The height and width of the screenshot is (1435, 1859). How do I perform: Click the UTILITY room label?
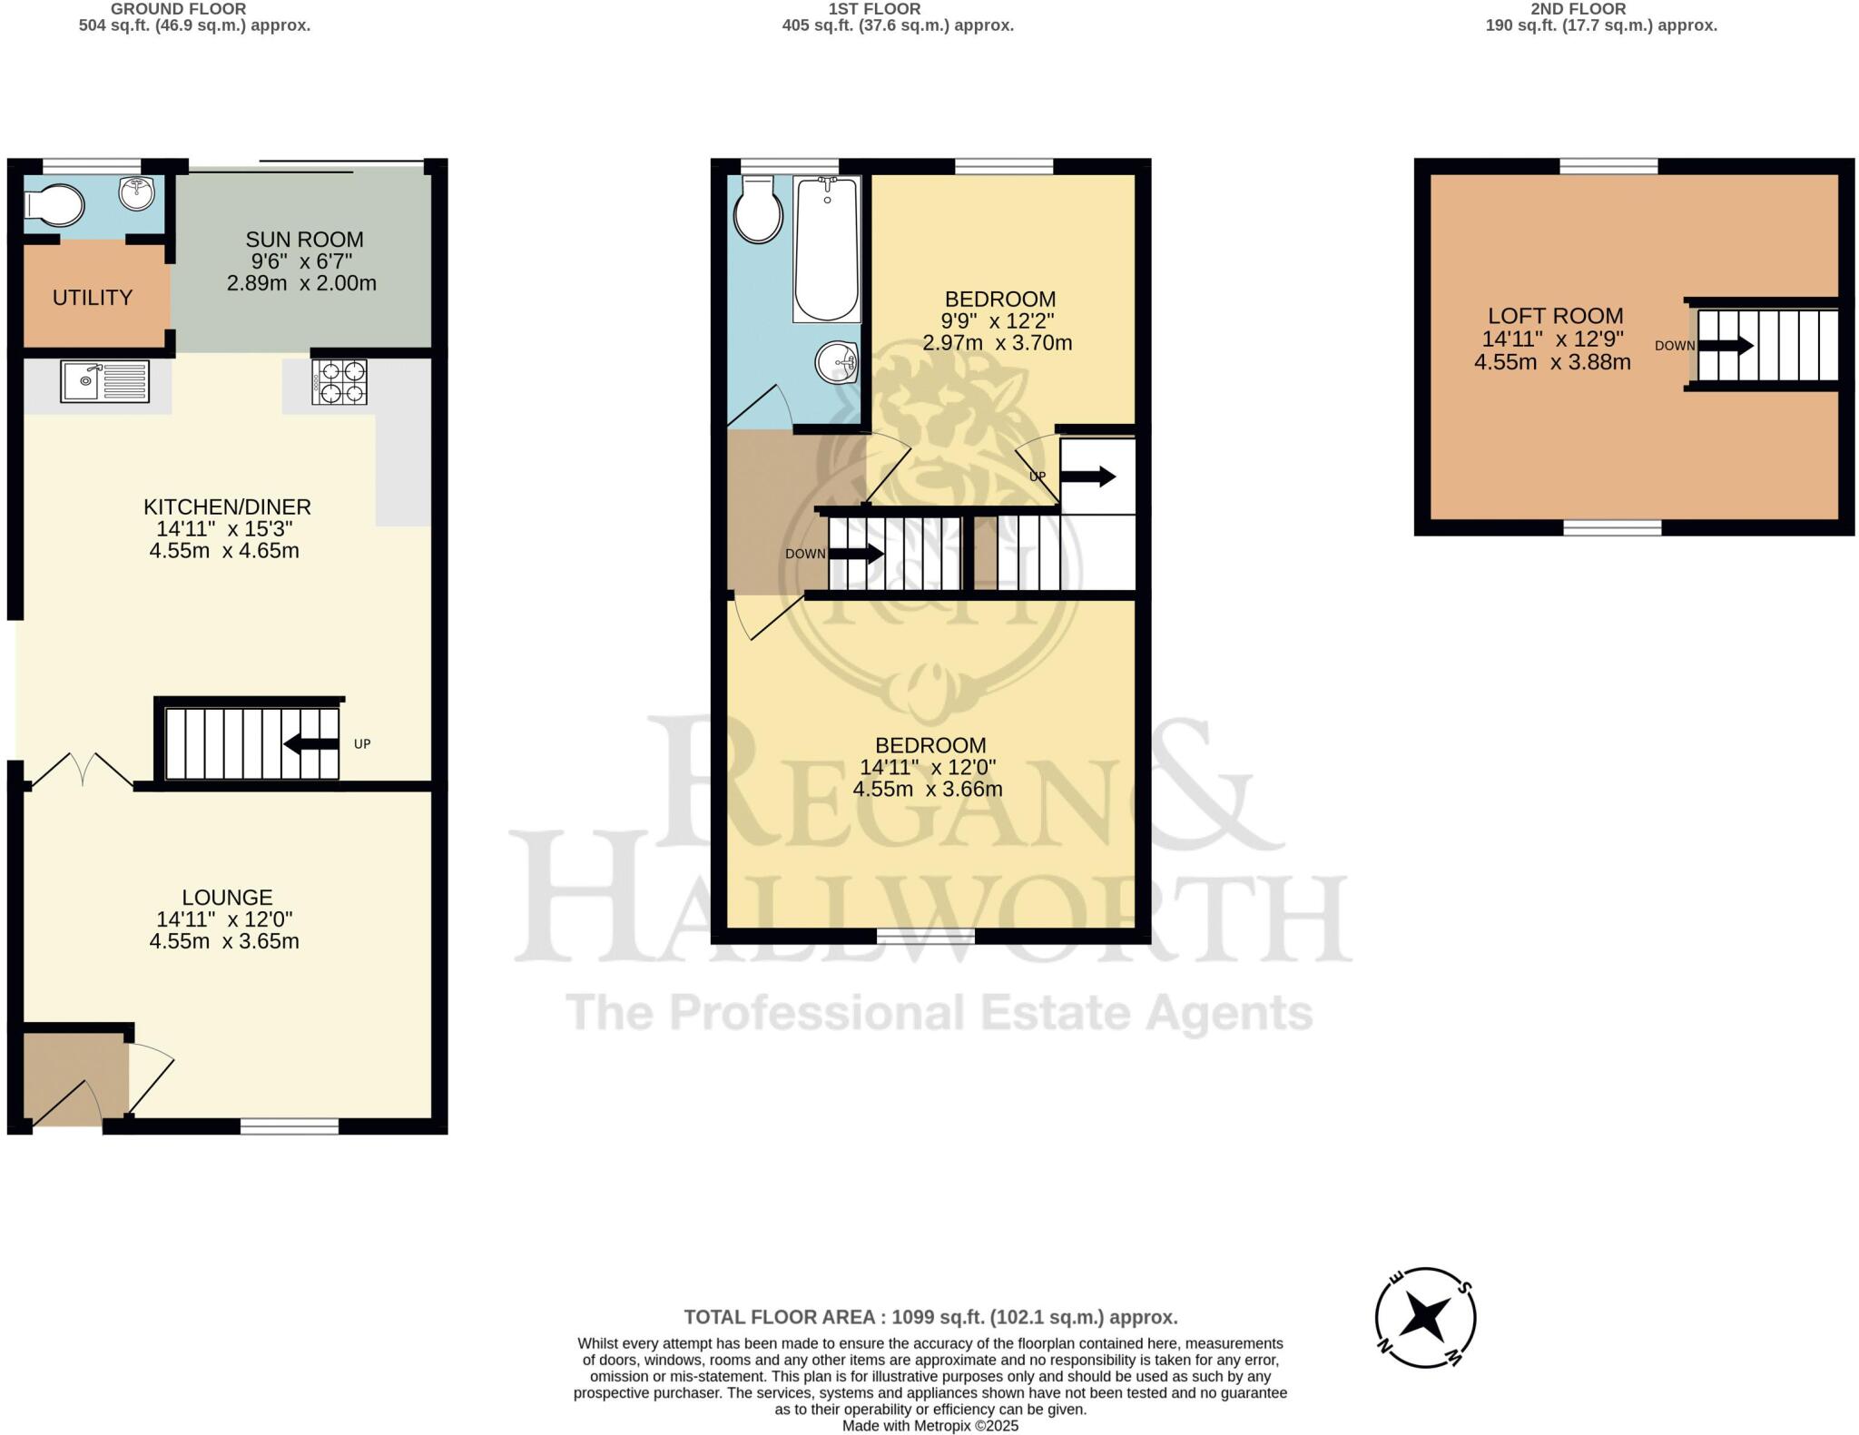93,298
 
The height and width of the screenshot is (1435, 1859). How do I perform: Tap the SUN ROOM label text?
304,240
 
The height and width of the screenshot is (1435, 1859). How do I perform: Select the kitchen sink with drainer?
104,381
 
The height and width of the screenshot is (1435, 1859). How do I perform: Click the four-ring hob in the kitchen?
339,382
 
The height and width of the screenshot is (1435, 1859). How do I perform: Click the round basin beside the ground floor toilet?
136,192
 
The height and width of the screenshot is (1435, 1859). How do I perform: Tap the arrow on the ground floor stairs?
312,744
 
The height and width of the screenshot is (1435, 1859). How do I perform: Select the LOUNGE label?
227,897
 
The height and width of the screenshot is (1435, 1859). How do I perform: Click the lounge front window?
290,1126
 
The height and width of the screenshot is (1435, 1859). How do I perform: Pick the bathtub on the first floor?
826,250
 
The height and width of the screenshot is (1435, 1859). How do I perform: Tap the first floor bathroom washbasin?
837,362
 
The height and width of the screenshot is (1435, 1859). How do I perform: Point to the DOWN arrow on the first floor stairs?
857,554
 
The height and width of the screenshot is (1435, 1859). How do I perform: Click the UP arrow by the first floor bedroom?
1087,477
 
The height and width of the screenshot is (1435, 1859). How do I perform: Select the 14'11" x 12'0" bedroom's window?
926,936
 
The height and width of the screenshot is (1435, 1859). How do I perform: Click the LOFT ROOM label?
1555,316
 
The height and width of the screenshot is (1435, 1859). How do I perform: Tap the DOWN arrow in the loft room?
1726,346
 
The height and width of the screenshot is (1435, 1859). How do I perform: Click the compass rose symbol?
1424,1317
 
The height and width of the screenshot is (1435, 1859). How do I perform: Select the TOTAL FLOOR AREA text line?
930,1317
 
